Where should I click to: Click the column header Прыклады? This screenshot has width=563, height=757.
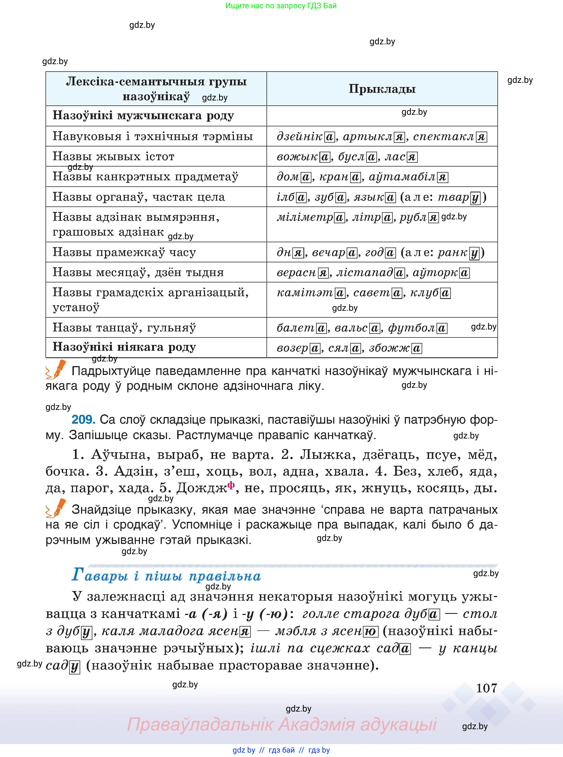point(382,89)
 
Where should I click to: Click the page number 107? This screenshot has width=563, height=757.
point(486,688)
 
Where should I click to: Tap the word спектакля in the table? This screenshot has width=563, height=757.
point(449,137)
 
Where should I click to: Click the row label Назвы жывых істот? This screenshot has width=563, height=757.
point(114,157)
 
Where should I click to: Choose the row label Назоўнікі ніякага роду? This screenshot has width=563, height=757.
point(124,347)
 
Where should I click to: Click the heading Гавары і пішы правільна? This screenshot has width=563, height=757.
point(166,576)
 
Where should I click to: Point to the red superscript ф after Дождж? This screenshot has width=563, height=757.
point(231,485)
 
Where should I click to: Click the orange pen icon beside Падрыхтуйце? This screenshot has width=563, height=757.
point(56,370)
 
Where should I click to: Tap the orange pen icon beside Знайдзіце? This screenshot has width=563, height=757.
point(56,508)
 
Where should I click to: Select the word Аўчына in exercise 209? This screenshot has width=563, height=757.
point(118,455)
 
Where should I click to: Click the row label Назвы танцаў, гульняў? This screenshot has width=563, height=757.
point(124,328)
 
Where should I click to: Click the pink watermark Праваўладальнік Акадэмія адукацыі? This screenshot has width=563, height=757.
point(282,724)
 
